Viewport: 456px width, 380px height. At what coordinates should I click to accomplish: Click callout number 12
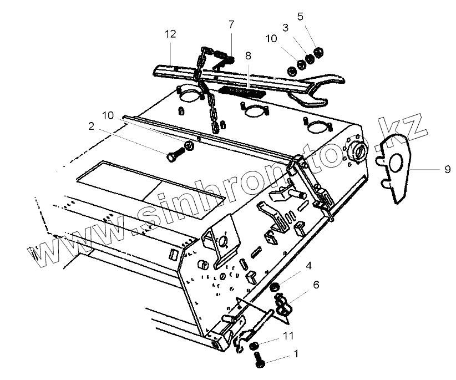[170, 34]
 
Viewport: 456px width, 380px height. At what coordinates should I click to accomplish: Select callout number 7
[231, 24]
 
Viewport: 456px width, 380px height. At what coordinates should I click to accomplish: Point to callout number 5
[300, 16]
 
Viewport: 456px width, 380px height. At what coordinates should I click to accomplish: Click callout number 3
[285, 27]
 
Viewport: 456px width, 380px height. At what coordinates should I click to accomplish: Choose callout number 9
[447, 170]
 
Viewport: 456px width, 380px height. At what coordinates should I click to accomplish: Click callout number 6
[316, 285]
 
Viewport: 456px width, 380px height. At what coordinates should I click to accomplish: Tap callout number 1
[296, 352]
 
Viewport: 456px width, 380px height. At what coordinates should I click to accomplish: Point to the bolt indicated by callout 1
[259, 361]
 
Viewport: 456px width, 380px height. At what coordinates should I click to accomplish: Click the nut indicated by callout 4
[274, 287]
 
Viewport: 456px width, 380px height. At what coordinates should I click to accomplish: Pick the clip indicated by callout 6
[282, 304]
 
